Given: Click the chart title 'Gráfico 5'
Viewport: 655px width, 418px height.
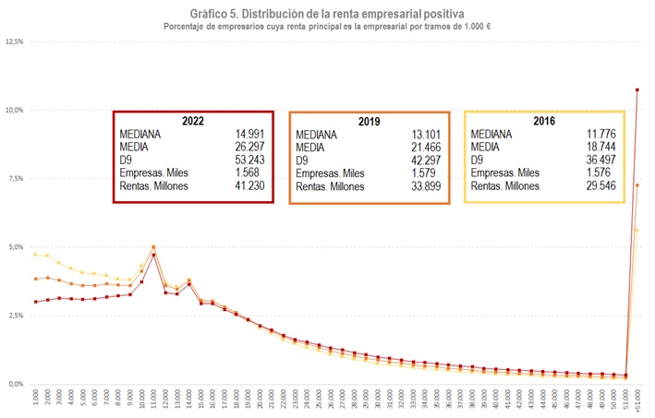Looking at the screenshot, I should point(326,13).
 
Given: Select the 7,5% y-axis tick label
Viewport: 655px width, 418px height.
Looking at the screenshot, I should point(14,178).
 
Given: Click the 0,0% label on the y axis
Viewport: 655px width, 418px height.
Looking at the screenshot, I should point(14,383).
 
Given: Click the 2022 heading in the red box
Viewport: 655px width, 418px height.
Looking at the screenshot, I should point(193,120).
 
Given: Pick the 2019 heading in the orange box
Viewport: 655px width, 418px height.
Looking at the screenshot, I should point(369,120).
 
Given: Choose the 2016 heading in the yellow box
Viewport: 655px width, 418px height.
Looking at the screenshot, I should point(545,120).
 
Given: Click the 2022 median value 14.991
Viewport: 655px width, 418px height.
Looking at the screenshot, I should point(249,133).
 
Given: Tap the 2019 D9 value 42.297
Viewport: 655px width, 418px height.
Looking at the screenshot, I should point(425,159).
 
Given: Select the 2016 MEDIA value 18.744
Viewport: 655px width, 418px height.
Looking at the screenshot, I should point(600,146).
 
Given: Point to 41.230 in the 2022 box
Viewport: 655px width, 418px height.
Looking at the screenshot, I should point(249,185).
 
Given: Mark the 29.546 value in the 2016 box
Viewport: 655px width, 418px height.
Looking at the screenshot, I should point(600,185).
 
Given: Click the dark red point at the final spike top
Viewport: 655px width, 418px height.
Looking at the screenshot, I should point(637,90).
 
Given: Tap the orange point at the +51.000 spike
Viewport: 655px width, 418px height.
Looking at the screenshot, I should point(637,185).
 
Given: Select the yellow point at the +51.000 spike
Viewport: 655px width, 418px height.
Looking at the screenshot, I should point(637,231).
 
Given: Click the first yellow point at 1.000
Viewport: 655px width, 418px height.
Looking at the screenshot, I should point(35,254).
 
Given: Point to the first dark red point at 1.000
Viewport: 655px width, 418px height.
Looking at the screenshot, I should point(35,302).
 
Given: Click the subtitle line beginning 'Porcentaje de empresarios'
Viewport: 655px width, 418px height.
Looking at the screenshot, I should point(326,26).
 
